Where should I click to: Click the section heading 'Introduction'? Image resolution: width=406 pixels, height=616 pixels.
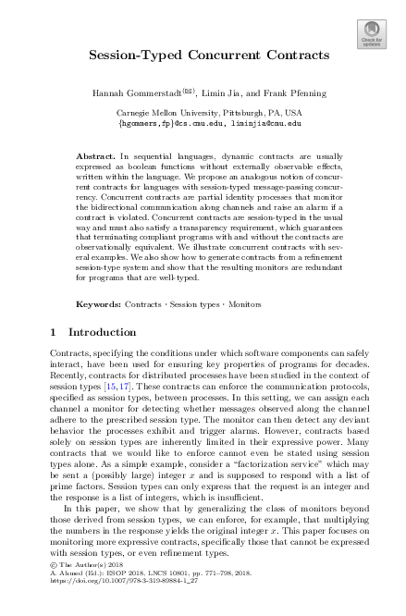tap(100, 332)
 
